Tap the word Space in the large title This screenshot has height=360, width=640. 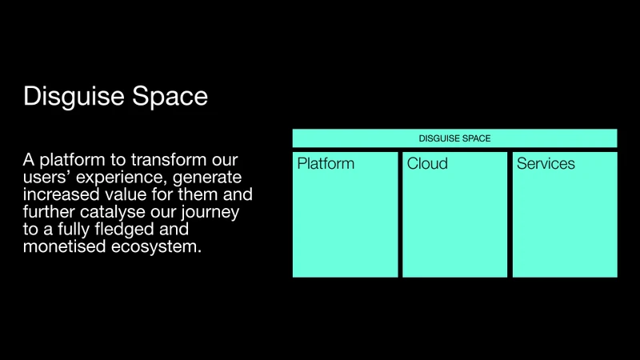[x=169, y=97]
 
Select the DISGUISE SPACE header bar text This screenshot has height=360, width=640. [x=454, y=138]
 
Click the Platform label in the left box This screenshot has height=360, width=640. [x=326, y=164]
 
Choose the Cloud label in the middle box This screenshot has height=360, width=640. [x=427, y=164]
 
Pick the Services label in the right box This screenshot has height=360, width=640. [x=546, y=164]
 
